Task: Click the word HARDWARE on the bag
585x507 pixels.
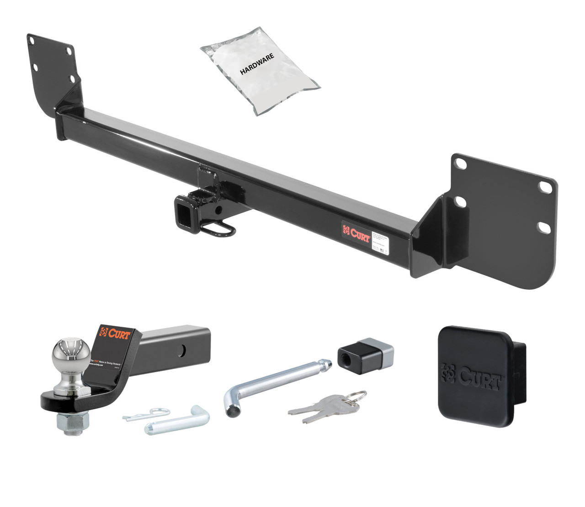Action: (x=257, y=64)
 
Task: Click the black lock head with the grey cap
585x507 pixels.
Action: (x=365, y=353)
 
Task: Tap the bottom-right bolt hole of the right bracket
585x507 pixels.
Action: (x=544, y=227)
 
